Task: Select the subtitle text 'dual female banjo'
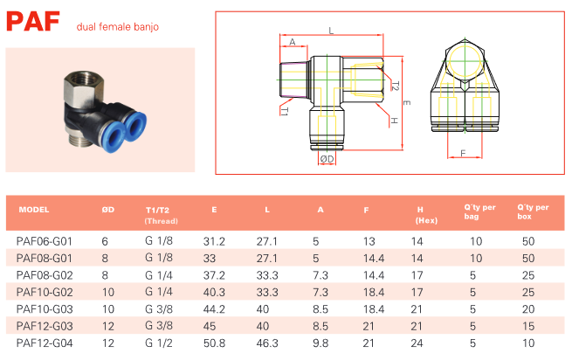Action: (x=118, y=26)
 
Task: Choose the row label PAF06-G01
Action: (x=44, y=240)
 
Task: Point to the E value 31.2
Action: (x=215, y=240)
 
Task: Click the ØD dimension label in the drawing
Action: (x=327, y=159)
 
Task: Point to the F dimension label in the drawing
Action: (x=461, y=154)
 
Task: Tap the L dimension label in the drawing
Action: (x=331, y=31)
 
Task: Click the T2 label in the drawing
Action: (x=395, y=87)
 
